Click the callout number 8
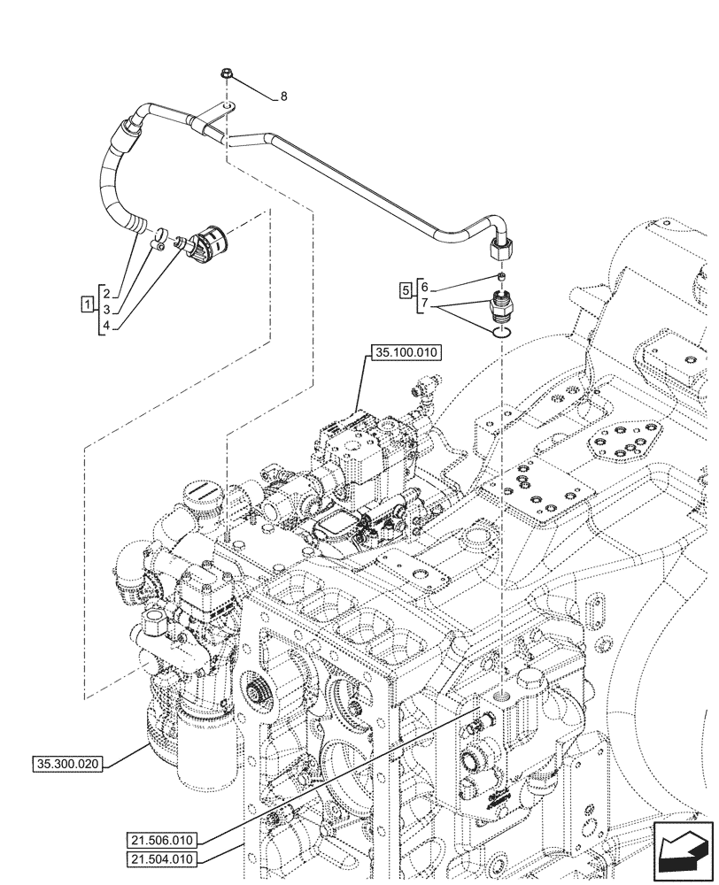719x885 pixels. pyautogui.click(x=283, y=97)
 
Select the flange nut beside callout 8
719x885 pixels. pyautogui.click(x=227, y=77)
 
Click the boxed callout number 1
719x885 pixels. pyautogui.click(x=86, y=305)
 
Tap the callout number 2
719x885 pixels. pyautogui.click(x=105, y=293)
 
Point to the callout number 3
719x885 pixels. pyautogui.click(x=105, y=309)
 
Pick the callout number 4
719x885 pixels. pyautogui.click(x=105, y=325)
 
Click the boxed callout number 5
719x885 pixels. pyautogui.click(x=406, y=289)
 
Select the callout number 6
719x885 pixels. pyautogui.click(x=424, y=288)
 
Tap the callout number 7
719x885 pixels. pyautogui.click(x=424, y=304)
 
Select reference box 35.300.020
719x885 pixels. pyautogui.click(x=70, y=763)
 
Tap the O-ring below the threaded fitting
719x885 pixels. pyautogui.click(x=501, y=333)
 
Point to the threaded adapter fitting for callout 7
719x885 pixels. pyautogui.click(x=502, y=306)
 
